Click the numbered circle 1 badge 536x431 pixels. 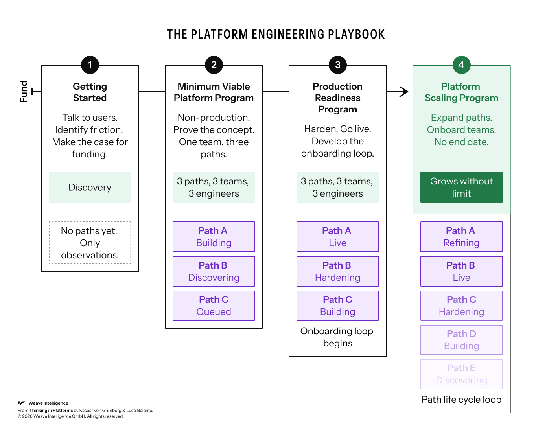[x=90, y=65]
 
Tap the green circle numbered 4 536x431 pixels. [x=461, y=65]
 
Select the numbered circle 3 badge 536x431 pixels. [x=337, y=65]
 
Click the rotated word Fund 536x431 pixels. [x=24, y=92]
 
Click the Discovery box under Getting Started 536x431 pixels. [x=90, y=187]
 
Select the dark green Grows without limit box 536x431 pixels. [x=461, y=187]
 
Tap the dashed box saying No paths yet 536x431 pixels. [x=90, y=243]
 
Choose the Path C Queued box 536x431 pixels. [x=214, y=306]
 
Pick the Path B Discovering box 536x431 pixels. [x=214, y=271]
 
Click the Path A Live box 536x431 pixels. [x=337, y=237]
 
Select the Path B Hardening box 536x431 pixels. [x=337, y=271]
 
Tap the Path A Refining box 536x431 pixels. [x=461, y=237]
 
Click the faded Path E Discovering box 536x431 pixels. [x=461, y=374]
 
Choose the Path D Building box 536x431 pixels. [x=461, y=340]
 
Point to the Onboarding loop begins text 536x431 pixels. [x=337, y=337]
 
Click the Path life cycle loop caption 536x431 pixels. [x=461, y=400]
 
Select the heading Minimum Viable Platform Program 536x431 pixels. [x=214, y=92]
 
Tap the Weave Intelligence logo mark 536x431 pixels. [x=21, y=403]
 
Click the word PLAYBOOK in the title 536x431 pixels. [x=356, y=34]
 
